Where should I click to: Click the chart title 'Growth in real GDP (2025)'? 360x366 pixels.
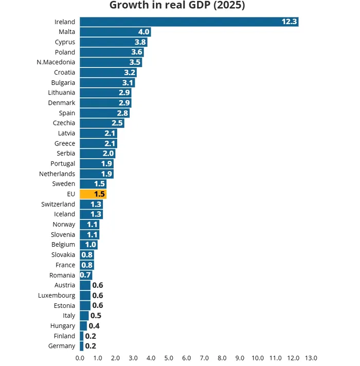tap(177, 6)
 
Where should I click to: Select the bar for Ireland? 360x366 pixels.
tap(189, 22)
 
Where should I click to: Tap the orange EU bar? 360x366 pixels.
tap(93, 194)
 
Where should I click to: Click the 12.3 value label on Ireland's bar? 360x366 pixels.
tap(289, 22)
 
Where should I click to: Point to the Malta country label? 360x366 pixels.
tap(67, 32)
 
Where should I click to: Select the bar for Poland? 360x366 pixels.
tap(111, 52)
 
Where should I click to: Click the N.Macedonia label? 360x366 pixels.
tap(56, 62)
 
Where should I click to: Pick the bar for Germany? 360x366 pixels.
tap(81, 346)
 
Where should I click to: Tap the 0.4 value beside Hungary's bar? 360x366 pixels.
tap(94, 326)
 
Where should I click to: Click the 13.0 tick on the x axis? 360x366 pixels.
tap(311, 358)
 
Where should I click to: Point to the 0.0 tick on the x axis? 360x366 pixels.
tap(80, 358)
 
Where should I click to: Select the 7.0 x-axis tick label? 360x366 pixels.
tap(204, 358)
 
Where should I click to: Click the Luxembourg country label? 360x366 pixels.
tap(57, 296)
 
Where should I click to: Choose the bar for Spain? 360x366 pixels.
tap(104, 113)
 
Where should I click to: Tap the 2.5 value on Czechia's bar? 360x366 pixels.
tap(117, 123)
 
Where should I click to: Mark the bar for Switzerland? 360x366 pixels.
tap(91, 204)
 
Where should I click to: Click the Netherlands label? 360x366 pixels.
tap(57, 174)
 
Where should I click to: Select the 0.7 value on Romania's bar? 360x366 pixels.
tap(85, 275)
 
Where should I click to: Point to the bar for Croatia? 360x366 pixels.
tap(108, 72)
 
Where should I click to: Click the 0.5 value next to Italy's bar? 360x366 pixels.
tap(96, 316)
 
